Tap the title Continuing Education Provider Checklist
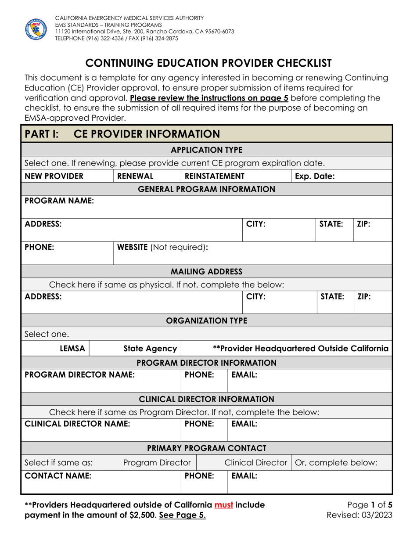208,63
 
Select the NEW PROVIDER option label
54,176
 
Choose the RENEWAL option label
135,176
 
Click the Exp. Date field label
315,176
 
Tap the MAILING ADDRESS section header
206,271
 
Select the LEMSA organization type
72,349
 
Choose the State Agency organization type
150,349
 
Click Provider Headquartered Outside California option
300,349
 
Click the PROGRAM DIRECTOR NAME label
79,375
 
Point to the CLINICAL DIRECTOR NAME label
77,424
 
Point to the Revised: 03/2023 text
360,515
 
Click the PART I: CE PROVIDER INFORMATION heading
122,134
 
